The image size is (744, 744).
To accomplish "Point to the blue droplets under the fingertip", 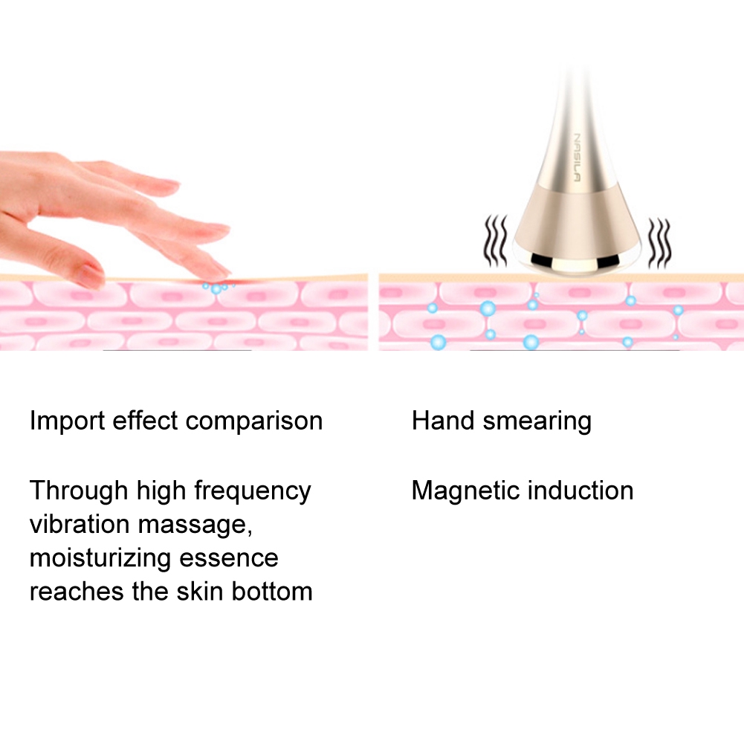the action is click(x=216, y=287).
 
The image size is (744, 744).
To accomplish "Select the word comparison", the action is click(x=254, y=421).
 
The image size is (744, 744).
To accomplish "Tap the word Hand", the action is click(x=443, y=421).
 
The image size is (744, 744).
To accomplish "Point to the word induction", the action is click(x=580, y=491).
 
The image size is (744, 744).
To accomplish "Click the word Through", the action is click(x=79, y=491).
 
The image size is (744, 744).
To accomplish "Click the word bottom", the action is click(x=272, y=592).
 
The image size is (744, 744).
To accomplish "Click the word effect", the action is click(x=146, y=421).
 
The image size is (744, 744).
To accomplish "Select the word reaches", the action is click(x=73, y=592).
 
